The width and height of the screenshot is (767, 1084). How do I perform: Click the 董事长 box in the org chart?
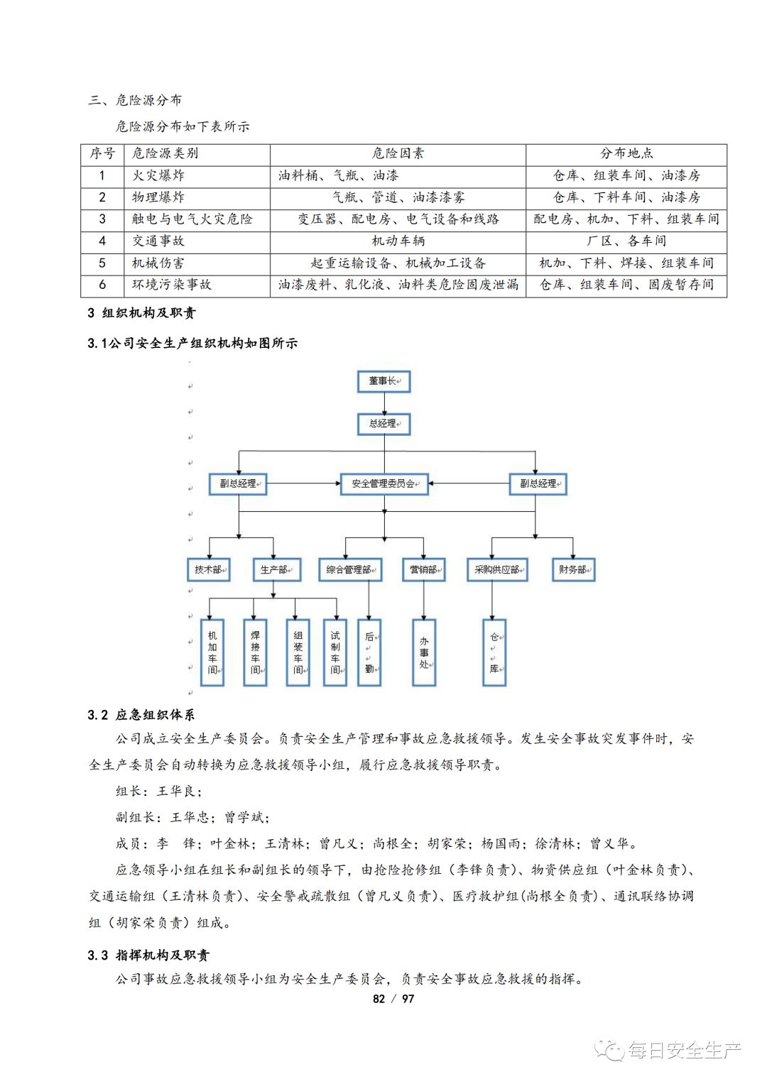(383, 381)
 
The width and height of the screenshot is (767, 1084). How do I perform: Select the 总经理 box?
(383, 424)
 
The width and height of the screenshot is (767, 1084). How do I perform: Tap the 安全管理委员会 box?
(384, 483)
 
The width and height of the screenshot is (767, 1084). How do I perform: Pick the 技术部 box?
(208, 569)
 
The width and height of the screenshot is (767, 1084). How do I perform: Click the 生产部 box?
(276, 569)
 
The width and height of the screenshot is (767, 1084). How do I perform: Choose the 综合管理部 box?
(350, 569)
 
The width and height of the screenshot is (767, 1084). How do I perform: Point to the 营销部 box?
(424, 569)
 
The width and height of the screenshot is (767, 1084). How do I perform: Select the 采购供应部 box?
(497, 569)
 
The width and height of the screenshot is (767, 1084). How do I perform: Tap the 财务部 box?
(573, 569)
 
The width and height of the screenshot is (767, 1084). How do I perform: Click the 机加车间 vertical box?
(212, 652)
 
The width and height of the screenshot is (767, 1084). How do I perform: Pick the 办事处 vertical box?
(424, 652)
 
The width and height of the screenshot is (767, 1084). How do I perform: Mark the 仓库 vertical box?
(494, 652)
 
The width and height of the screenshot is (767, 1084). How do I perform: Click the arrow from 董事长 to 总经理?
(384, 403)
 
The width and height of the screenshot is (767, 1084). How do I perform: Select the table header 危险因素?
(398, 153)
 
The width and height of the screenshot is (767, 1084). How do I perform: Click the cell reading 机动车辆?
(398, 241)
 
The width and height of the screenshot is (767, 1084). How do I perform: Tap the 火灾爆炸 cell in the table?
(158, 175)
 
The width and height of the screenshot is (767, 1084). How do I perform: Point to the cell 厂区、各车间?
(626, 241)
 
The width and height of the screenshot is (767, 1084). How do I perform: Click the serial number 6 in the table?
(102, 285)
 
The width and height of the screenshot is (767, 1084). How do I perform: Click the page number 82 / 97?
(393, 999)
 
